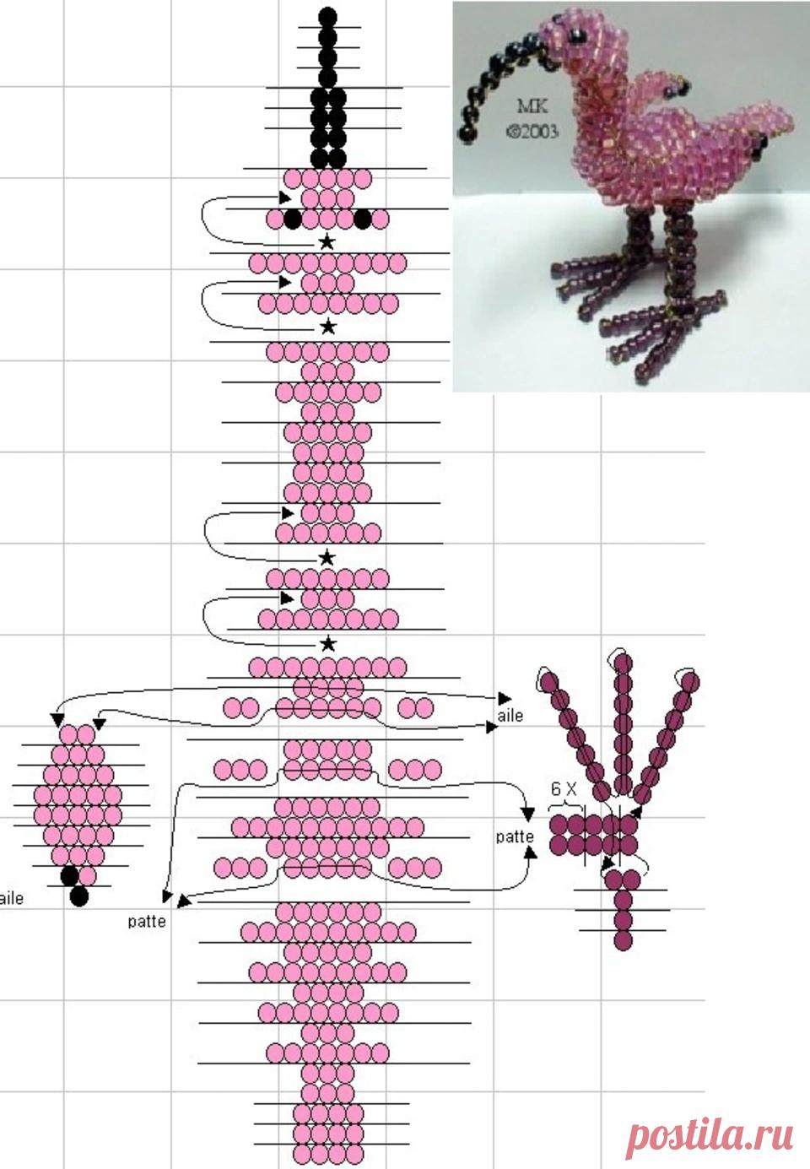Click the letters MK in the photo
click(x=532, y=106)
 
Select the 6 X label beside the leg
click(x=564, y=789)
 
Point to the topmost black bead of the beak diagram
click(x=327, y=17)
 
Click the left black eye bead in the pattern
click(x=293, y=219)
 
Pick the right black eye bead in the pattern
click(x=363, y=219)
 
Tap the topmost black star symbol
click(x=327, y=241)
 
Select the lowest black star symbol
click(x=327, y=644)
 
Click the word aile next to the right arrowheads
click(x=510, y=716)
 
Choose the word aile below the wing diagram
click(x=11, y=899)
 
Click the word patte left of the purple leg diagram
click(x=515, y=837)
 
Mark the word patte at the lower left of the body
click(x=147, y=922)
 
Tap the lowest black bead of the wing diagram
click(x=79, y=896)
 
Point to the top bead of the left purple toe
click(x=549, y=682)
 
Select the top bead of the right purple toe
click(x=690, y=682)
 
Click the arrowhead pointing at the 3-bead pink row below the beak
click(x=285, y=198)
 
